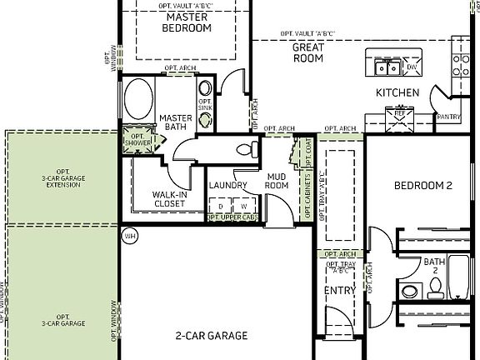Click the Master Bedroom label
(188, 22)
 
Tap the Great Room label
(307, 53)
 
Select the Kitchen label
(397, 92)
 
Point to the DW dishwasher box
(412, 67)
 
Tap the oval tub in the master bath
(137, 100)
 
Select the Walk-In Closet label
(169, 198)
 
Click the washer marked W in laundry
(244, 205)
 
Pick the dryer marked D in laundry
(220, 205)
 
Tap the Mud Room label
(277, 181)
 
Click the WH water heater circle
(129, 236)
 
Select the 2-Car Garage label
(211, 336)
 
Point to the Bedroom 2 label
(422, 186)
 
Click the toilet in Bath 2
(434, 288)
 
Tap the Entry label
(339, 291)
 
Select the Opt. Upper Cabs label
(232, 217)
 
